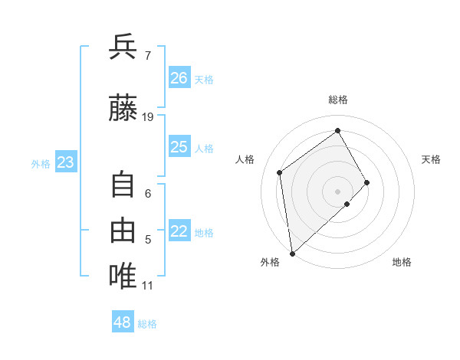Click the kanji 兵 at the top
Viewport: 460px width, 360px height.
[123, 48]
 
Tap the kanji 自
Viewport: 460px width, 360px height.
[123, 185]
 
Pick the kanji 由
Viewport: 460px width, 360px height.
[123, 230]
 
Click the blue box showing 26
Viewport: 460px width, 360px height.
[179, 78]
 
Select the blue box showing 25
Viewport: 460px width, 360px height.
[179, 147]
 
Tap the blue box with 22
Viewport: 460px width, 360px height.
[179, 232]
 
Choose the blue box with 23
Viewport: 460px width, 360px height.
[65, 162]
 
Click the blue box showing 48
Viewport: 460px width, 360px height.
[123, 322]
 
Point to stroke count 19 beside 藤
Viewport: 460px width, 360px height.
[148, 117]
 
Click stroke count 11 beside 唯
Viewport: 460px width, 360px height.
[147, 286]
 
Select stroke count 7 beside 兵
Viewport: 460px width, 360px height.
[147, 56]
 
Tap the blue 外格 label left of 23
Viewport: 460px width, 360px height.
[41, 163]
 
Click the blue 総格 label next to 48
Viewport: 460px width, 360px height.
[147, 324]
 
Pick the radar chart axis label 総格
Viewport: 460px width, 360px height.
[337, 100]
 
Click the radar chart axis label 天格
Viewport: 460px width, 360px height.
[432, 159]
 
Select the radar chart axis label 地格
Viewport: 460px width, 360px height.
[402, 262]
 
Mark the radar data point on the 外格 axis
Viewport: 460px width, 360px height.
[291, 253]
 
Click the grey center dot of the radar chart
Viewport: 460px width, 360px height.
[337, 190]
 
